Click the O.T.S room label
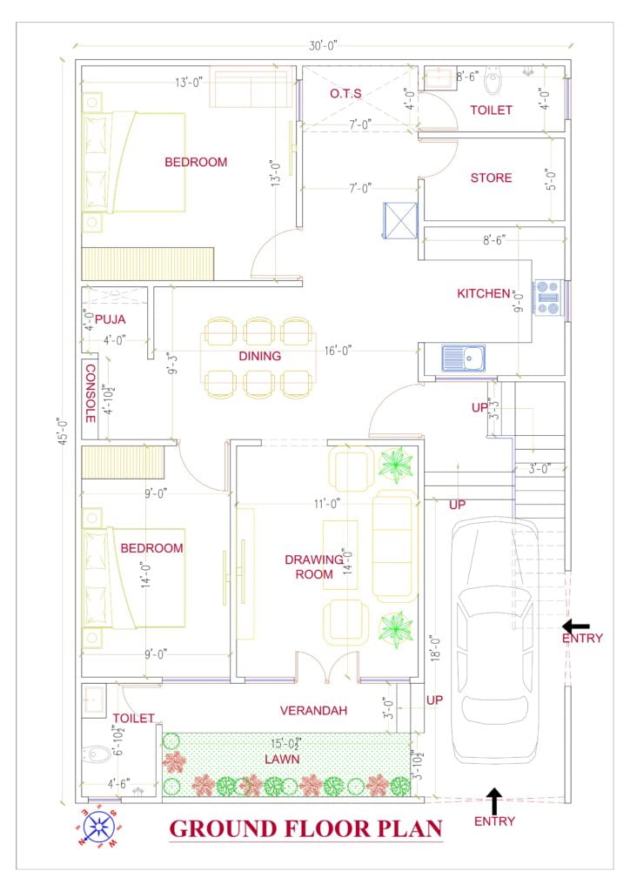point(345,93)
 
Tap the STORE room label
point(491,178)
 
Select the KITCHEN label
point(484,293)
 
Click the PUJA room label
point(111,319)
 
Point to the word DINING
point(259,356)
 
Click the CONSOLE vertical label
point(90,393)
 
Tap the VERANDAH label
point(313,710)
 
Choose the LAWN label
point(282,759)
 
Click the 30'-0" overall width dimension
point(323,45)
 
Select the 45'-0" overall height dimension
point(64,431)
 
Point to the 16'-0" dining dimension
point(338,351)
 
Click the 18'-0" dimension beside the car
point(436,647)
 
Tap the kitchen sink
point(464,358)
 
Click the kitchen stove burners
point(548,298)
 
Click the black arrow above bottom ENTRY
point(494,801)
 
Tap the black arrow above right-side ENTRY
point(575,626)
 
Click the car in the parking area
point(494,641)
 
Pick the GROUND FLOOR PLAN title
point(305,829)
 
